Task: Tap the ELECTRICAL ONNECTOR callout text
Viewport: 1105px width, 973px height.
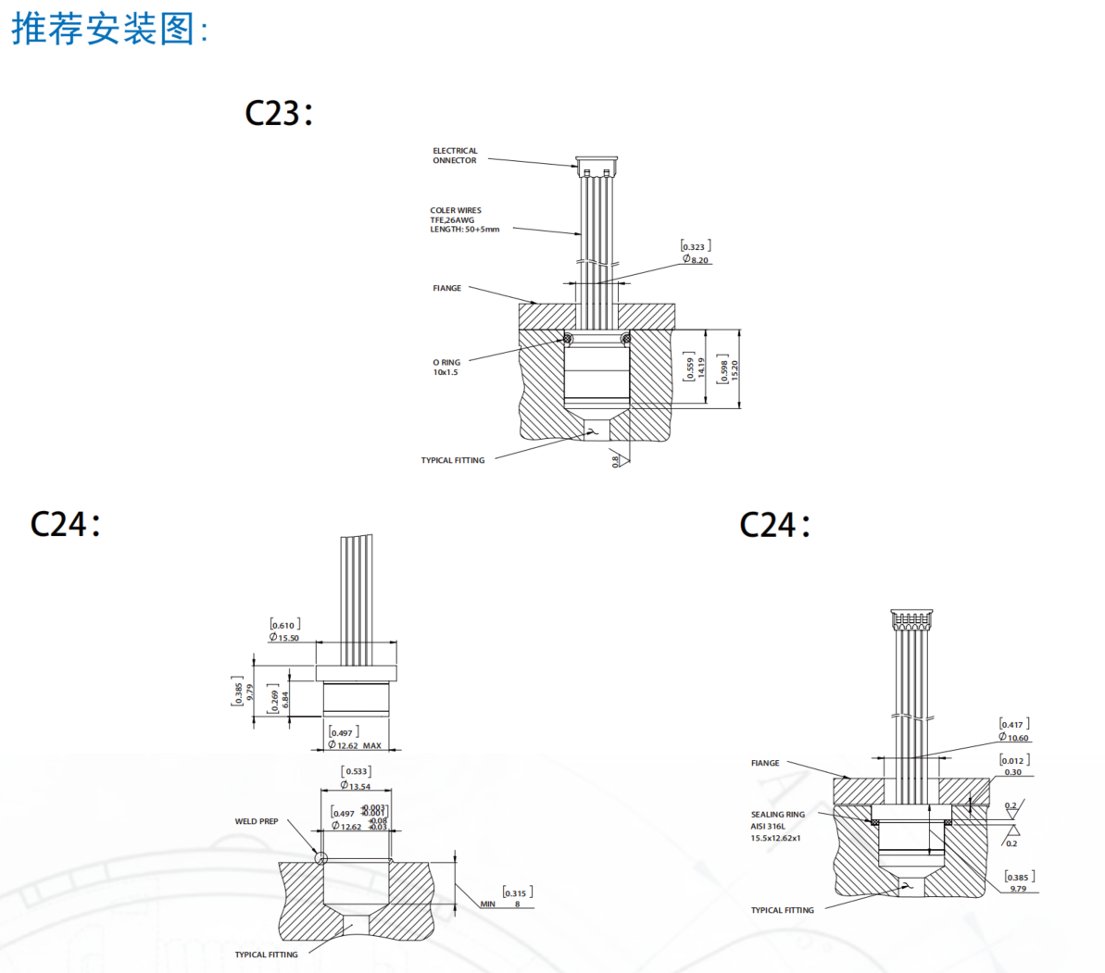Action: coord(455,156)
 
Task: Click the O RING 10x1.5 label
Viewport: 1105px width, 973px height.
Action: coord(446,368)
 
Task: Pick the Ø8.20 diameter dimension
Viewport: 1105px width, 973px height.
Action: coord(697,260)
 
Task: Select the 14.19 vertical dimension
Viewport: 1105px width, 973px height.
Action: coord(701,368)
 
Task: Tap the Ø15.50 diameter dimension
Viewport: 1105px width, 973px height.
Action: coord(284,638)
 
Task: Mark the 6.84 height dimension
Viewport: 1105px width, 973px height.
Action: coord(285,699)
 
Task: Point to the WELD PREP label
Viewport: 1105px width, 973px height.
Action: coord(257,821)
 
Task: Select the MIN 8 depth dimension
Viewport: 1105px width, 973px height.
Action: coord(500,904)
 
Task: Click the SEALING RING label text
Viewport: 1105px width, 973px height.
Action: coord(777,815)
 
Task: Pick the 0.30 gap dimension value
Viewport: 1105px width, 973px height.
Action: coord(1013,772)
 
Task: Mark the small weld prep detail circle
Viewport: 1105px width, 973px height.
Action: coord(320,858)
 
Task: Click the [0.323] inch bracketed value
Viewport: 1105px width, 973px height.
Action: coord(696,247)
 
